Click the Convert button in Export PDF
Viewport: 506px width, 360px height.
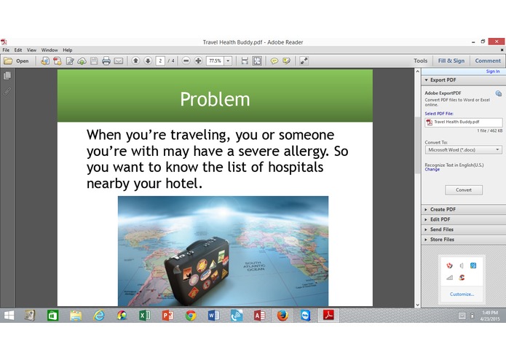click(x=464, y=189)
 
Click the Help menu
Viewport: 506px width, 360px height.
click(x=67, y=50)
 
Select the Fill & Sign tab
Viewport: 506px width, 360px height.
click(x=451, y=61)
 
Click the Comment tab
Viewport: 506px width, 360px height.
click(x=488, y=61)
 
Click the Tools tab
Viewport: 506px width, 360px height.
click(x=420, y=61)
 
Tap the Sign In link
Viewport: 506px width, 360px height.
click(x=492, y=71)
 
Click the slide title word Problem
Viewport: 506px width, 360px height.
click(x=215, y=99)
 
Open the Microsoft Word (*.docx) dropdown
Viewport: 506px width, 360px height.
click(x=463, y=149)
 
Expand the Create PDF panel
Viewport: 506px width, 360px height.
click(x=443, y=209)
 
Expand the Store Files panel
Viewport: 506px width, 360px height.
click(x=442, y=239)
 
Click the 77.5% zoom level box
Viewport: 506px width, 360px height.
click(x=216, y=61)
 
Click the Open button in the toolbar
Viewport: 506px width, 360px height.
click(x=17, y=61)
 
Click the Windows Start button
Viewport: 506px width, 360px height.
click(x=9, y=316)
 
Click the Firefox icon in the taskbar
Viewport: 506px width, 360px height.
click(x=282, y=316)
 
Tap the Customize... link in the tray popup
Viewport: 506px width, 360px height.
click(x=462, y=294)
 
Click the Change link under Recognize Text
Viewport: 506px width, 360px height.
click(x=432, y=170)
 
